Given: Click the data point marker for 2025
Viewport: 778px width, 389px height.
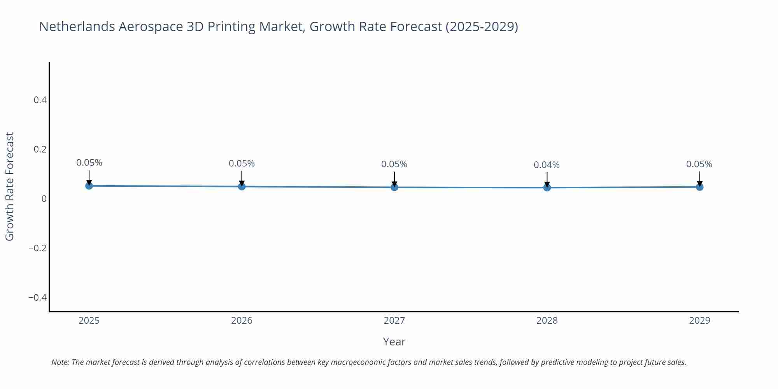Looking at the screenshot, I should tap(89, 186).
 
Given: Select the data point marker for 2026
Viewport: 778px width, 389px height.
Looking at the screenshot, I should tap(242, 186).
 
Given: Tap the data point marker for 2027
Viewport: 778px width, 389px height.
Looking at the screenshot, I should tap(394, 187).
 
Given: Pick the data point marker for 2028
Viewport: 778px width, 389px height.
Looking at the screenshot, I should tap(547, 187).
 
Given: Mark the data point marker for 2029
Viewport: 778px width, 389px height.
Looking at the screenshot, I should tap(699, 187).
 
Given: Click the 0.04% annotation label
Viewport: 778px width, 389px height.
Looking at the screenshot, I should tap(547, 165).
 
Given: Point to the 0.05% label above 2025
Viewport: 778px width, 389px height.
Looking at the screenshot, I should tap(89, 163).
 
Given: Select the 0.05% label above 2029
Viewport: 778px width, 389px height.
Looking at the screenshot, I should tap(699, 164).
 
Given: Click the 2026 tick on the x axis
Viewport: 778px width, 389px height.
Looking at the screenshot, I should tap(242, 321).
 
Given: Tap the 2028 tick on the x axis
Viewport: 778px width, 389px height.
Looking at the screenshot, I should tap(547, 321).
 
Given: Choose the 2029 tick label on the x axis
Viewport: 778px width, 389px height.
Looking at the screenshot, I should tap(699, 321).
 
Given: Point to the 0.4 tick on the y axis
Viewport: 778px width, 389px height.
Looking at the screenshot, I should tap(40, 100).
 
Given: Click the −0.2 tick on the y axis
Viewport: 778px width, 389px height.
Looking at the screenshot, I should tap(38, 248).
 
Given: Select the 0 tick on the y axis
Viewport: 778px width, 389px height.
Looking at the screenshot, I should tap(44, 199).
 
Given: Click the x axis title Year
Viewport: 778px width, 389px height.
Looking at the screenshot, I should tap(394, 342).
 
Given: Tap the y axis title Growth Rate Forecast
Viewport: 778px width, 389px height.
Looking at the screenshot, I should tap(10, 186).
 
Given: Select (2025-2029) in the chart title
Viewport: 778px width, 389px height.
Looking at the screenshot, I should tap(482, 26).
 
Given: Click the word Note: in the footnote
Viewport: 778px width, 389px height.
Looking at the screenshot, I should tap(60, 362).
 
